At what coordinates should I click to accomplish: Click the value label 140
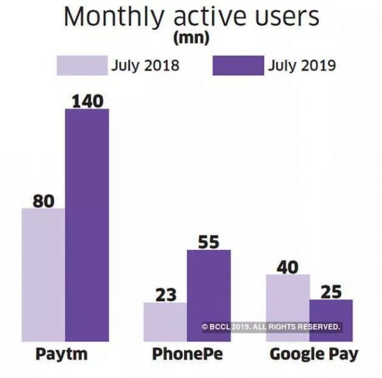[87, 100]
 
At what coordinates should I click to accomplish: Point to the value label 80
[43, 200]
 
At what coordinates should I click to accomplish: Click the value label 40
[287, 266]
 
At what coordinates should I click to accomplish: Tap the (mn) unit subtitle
[191, 40]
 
